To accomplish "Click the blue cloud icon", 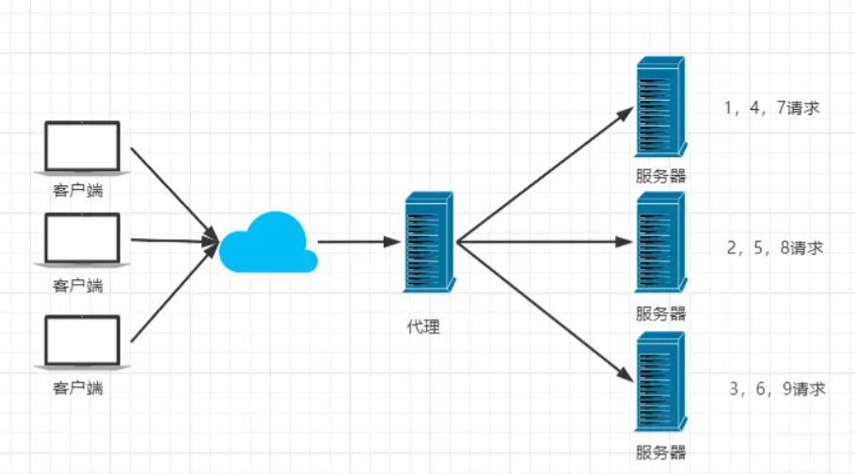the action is click(268, 243).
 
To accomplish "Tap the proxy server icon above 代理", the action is click(429, 242).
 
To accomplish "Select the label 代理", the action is click(423, 326).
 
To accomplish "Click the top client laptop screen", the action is click(83, 146).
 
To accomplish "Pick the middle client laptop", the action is click(83, 240).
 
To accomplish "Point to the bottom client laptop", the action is click(83, 342).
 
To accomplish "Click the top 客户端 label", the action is click(77, 190).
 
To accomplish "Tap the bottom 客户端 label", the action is click(77, 387).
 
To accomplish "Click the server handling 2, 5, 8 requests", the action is click(661, 243).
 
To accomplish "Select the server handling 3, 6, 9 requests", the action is click(661, 382).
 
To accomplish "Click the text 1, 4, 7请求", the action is click(771, 108).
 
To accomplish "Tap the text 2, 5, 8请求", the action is click(775, 247).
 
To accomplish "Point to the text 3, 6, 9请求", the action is click(778, 389).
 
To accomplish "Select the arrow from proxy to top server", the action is click(546, 174).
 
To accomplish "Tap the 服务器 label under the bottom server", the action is click(661, 452).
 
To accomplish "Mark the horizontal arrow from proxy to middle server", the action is click(546, 242).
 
